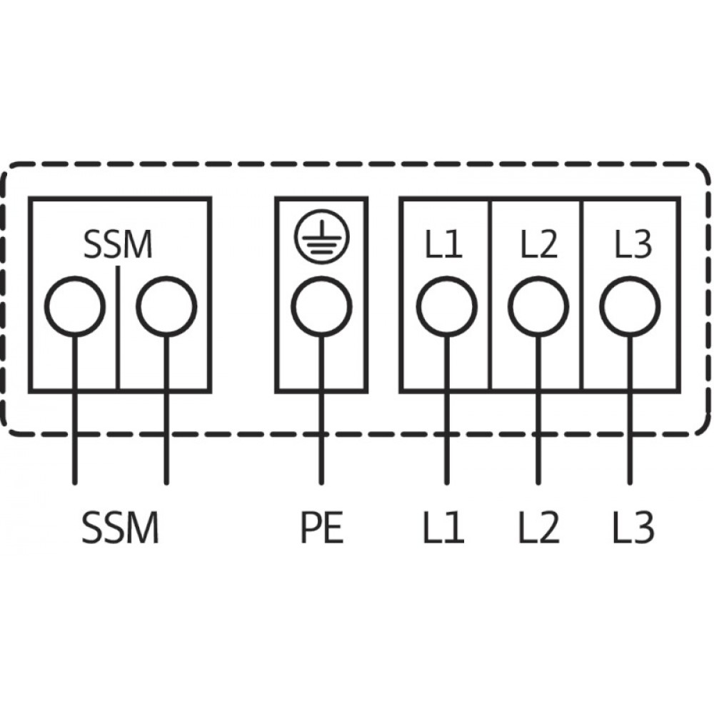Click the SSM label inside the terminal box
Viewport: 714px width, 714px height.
point(119,246)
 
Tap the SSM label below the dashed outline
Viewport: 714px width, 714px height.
point(120,529)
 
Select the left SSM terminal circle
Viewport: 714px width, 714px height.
point(75,307)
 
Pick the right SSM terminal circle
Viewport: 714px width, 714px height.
point(166,307)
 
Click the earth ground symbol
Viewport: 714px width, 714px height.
point(321,237)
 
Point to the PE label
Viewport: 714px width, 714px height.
point(321,529)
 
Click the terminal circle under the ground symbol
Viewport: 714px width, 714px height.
point(321,307)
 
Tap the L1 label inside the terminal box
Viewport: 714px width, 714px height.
point(445,246)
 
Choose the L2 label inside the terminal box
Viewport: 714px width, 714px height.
point(538,246)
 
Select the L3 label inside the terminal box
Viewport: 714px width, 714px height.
point(633,246)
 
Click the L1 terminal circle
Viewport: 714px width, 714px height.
point(446,307)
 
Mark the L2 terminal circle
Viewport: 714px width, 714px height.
point(538,307)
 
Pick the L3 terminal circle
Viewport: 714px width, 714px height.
point(630,307)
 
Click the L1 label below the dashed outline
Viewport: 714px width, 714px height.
point(445,529)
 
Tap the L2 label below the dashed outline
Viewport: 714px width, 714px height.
point(538,529)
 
